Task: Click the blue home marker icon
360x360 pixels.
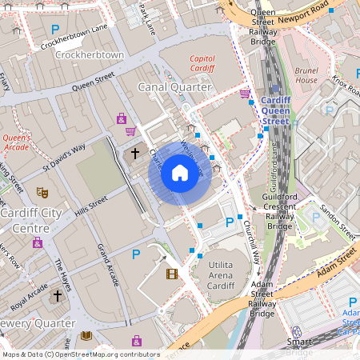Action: click(x=180, y=173)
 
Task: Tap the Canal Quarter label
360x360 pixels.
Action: click(x=174, y=86)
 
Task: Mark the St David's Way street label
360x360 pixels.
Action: click(x=63, y=158)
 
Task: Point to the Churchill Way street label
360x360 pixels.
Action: click(x=251, y=239)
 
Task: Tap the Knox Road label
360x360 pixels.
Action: click(x=346, y=83)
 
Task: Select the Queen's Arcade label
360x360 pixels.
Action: click(x=15, y=142)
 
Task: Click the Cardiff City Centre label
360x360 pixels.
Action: click(x=31, y=220)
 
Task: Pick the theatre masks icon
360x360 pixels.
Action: click(x=42, y=192)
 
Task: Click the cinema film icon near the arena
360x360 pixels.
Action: click(x=171, y=274)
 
